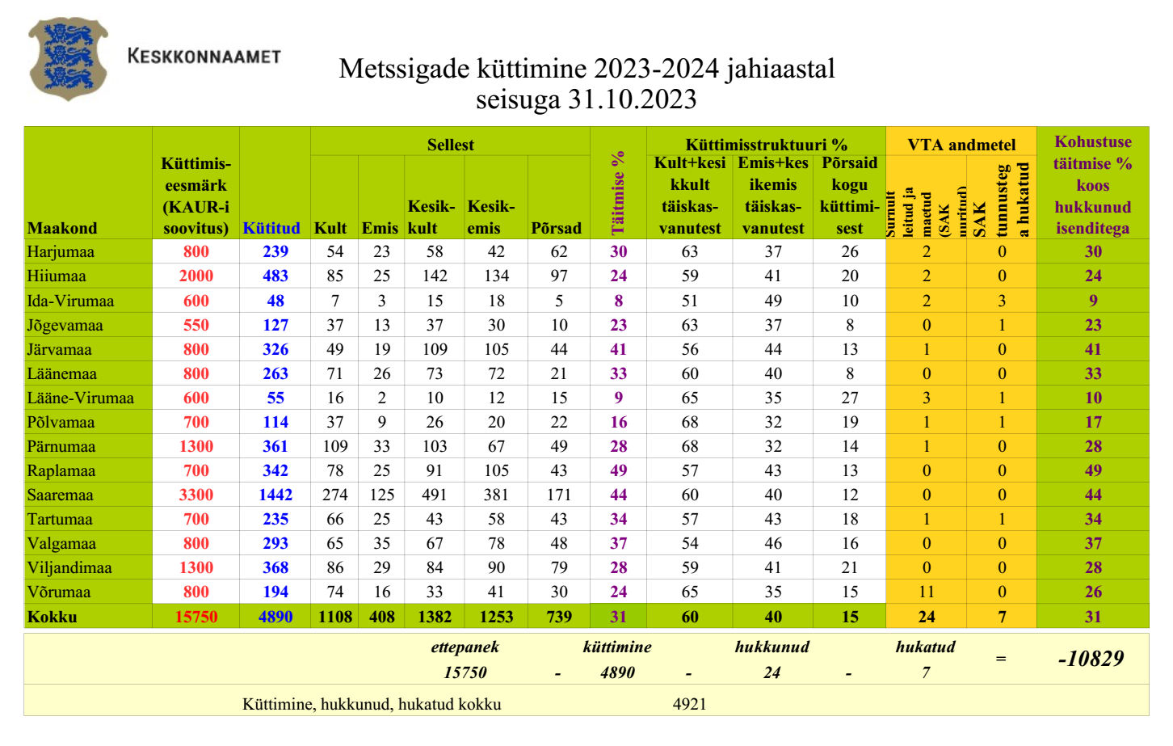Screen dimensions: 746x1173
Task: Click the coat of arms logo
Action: (x=68, y=58)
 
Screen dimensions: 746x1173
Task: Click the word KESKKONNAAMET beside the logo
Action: (x=204, y=57)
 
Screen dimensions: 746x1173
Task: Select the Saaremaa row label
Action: (x=60, y=495)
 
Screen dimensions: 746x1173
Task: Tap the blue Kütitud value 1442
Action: (x=275, y=495)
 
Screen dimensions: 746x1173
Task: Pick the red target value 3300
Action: (x=195, y=495)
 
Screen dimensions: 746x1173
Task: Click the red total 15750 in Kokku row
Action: (x=195, y=617)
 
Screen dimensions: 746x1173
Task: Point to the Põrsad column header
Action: (x=556, y=228)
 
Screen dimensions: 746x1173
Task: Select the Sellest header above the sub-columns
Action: (x=450, y=145)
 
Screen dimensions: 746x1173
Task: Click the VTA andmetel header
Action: (x=961, y=145)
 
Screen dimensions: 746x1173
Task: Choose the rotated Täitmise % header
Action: (x=618, y=192)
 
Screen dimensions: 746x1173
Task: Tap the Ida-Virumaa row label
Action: (x=70, y=301)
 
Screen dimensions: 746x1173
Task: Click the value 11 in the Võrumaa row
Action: (x=926, y=592)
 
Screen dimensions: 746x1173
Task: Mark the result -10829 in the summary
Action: (x=1091, y=659)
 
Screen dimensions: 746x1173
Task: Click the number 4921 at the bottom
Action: (x=689, y=704)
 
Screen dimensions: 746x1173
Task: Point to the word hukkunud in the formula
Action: (x=771, y=647)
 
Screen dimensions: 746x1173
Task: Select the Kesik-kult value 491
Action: (x=435, y=495)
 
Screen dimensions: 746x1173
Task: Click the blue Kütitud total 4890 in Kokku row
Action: (x=275, y=617)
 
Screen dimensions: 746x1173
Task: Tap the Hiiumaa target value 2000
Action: (x=195, y=276)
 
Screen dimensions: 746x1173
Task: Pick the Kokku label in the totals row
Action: (x=53, y=617)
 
